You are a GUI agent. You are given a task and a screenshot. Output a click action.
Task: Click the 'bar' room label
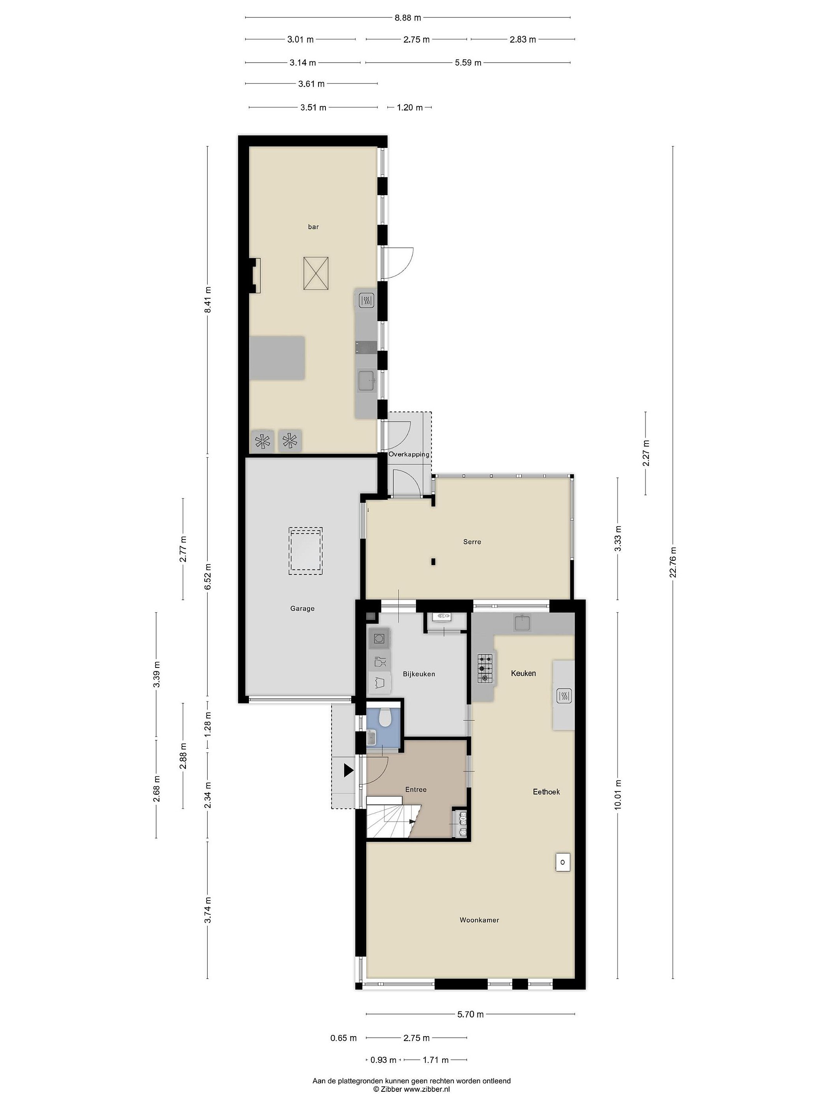pos(313,227)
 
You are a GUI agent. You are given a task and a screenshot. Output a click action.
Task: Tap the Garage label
pos(302,609)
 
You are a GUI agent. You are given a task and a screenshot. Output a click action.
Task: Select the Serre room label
pos(472,541)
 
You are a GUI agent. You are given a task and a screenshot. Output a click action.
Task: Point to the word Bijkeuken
pos(419,674)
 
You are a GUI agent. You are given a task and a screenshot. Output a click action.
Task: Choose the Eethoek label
pos(546,791)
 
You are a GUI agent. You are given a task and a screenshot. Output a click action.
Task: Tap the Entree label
pos(416,790)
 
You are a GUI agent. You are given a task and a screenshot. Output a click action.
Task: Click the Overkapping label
pos(409,455)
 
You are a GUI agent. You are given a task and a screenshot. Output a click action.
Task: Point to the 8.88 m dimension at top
pos(408,18)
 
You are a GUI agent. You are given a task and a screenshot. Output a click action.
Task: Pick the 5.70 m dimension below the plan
pos(470,1015)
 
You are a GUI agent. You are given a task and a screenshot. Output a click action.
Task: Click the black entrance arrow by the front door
pos(348,770)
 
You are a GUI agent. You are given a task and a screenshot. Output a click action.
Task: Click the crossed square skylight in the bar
pos(316,273)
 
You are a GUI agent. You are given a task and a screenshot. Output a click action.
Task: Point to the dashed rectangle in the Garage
pos(306,552)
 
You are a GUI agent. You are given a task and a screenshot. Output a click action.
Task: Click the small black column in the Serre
pos(433,561)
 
